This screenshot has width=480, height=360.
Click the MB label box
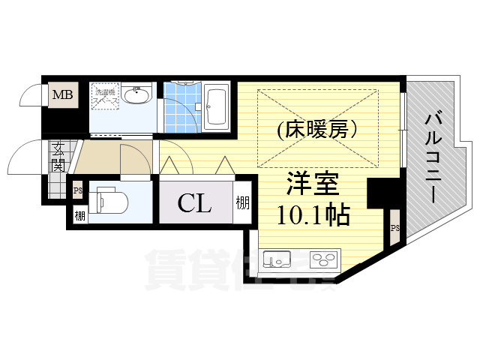click(61, 95)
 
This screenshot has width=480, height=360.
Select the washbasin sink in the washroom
click(137, 96)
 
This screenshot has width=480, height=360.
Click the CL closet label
click(193, 203)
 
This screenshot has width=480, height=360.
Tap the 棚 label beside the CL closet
click(242, 202)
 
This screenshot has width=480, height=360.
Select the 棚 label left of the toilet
click(79, 216)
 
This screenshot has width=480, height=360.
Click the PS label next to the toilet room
click(77, 190)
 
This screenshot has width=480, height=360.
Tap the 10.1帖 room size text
click(313, 216)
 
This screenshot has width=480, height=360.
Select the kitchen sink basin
click(277, 259)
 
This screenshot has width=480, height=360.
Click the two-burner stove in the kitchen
click(325, 260)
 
